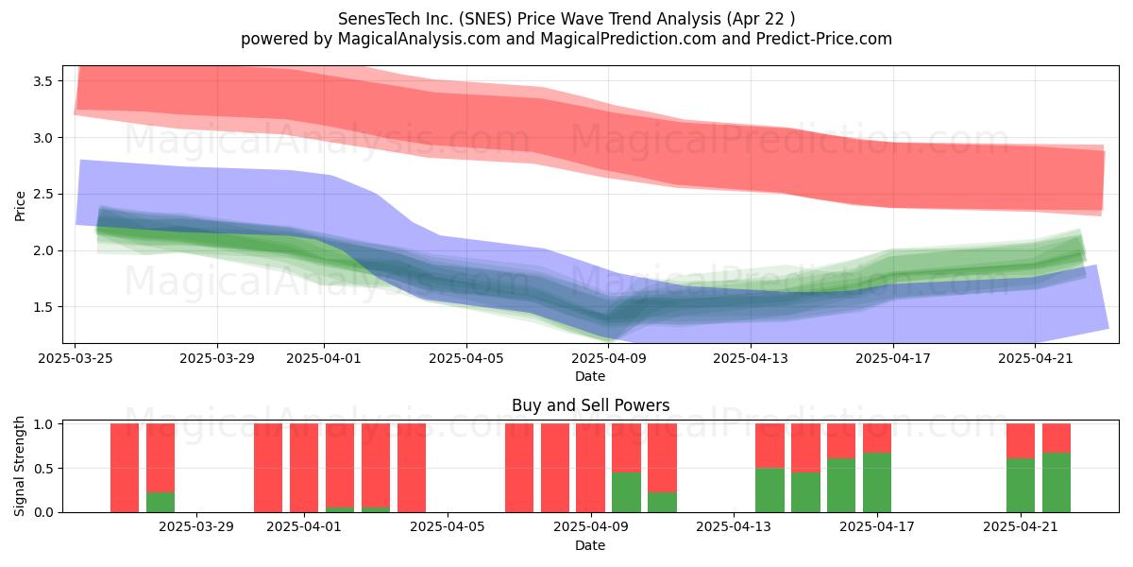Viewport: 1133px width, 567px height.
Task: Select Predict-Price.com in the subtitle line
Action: pos(824,39)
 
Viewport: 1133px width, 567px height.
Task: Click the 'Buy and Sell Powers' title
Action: pos(590,405)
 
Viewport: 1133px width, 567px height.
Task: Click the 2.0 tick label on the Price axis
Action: pos(43,251)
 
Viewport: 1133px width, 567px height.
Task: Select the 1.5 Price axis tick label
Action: pos(43,307)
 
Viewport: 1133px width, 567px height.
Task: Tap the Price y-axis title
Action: pos(20,206)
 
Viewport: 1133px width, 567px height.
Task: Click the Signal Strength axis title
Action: pos(19,466)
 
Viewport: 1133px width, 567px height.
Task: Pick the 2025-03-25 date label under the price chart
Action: pos(76,358)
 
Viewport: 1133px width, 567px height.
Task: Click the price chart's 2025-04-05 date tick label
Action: pos(466,358)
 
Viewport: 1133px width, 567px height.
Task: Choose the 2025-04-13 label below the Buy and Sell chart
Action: pos(734,527)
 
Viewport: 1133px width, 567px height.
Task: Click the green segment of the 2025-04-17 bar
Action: pos(877,483)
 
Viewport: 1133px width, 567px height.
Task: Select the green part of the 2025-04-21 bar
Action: pos(1021,486)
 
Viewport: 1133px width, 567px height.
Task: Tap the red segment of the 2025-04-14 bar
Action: pos(769,446)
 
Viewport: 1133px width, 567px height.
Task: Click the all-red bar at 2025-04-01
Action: pos(304,468)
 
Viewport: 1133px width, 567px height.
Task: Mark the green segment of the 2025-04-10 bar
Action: pos(626,492)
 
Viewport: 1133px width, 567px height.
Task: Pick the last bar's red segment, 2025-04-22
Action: pos(1057,438)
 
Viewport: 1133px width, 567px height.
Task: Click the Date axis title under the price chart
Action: pos(590,376)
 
